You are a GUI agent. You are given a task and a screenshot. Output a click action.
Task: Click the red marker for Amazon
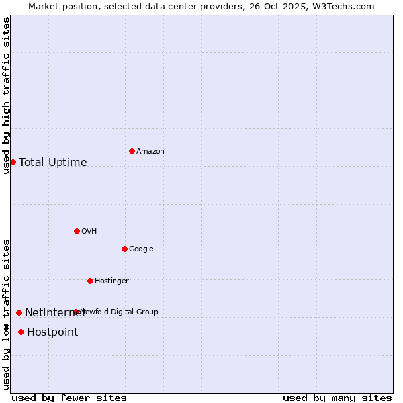tap(132, 151)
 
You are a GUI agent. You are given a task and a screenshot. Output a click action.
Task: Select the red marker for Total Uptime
tap(13, 162)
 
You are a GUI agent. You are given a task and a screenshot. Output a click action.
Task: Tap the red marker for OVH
tap(77, 231)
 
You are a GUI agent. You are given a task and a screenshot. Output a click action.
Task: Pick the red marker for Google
tap(124, 249)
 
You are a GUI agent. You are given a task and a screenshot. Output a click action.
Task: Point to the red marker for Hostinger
tap(90, 281)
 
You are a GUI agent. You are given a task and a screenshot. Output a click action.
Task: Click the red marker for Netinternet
tap(19, 312)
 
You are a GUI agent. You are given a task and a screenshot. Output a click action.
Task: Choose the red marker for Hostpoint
tap(21, 332)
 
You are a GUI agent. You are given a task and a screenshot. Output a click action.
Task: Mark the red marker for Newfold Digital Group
tap(75, 312)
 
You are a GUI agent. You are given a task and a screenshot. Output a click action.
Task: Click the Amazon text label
tap(150, 152)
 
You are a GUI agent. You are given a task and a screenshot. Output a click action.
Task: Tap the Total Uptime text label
tap(53, 163)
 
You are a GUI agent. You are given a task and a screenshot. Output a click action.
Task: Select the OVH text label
tap(89, 232)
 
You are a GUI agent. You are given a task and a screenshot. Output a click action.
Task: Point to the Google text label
tap(141, 249)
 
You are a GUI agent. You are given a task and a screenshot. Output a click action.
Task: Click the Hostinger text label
tap(111, 281)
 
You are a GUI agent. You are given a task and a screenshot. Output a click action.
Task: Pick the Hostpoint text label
tap(52, 332)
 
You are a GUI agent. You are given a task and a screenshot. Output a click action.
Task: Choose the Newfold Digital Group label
tap(120, 312)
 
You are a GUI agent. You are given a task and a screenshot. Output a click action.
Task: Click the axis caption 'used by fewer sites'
tap(69, 398)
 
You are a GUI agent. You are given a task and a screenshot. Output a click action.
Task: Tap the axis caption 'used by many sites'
tap(337, 398)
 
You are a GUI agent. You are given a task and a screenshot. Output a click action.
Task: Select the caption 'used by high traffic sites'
tap(7, 95)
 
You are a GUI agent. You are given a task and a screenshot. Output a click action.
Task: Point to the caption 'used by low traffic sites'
tap(7, 314)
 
